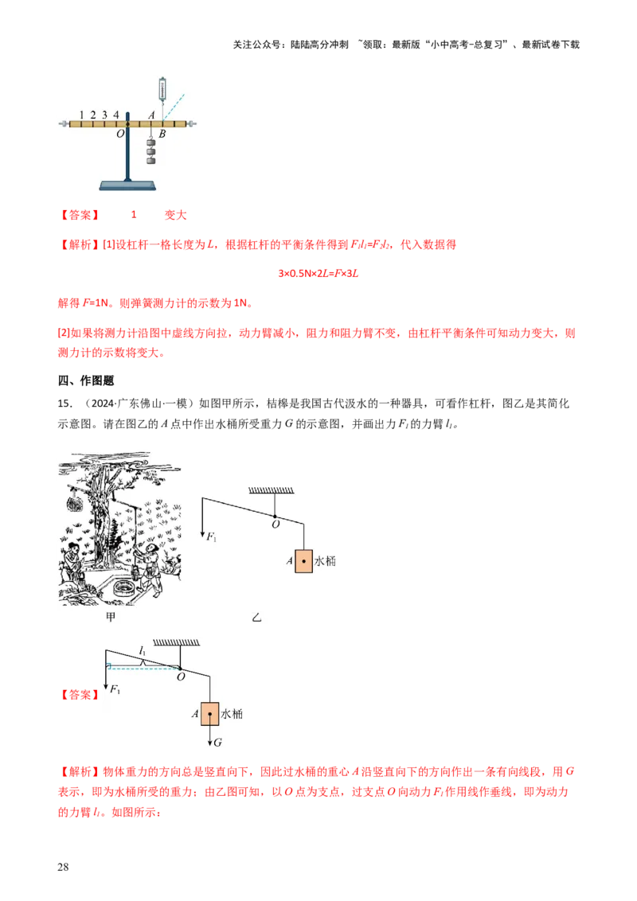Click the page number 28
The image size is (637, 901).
(x=63, y=867)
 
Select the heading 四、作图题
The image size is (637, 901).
(x=86, y=380)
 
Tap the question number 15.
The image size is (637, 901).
(x=65, y=404)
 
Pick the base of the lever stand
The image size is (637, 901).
(x=127, y=185)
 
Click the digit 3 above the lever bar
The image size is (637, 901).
(x=104, y=115)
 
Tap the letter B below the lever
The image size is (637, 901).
(x=162, y=134)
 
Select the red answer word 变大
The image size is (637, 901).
(x=175, y=215)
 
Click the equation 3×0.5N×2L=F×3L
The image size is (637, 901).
(x=318, y=274)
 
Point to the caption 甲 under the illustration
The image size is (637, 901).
(x=111, y=617)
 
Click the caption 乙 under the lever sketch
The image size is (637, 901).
(x=256, y=618)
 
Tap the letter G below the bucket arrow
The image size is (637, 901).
(x=218, y=743)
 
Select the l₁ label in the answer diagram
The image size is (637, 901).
(x=143, y=650)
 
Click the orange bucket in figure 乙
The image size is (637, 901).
(x=303, y=561)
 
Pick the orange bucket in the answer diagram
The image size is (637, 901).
(x=210, y=714)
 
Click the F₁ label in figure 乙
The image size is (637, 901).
(x=211, y=537)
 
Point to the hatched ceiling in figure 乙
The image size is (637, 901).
(x=271, y=490)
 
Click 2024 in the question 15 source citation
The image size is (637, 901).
(x=103, y=404)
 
